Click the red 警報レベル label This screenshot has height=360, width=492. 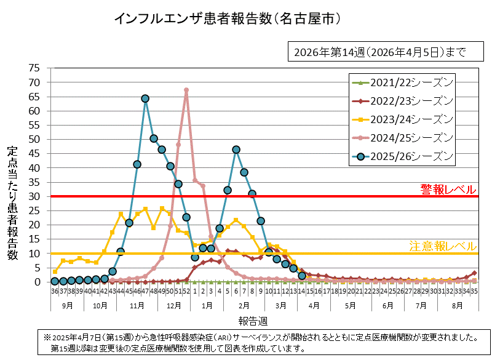447,188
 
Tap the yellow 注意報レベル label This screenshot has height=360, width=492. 443,246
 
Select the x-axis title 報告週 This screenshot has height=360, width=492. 253,321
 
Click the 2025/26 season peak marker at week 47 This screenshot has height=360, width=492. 145,98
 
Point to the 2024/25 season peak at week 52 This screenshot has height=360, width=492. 186,90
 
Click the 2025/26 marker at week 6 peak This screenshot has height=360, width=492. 236,150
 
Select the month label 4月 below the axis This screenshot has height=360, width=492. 314,305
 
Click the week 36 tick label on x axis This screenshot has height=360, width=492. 55,292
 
